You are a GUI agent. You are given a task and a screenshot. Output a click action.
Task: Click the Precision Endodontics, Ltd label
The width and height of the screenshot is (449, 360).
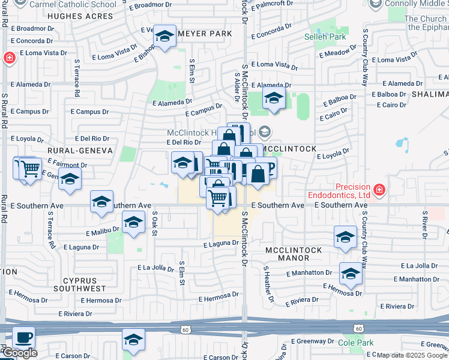(339, 191)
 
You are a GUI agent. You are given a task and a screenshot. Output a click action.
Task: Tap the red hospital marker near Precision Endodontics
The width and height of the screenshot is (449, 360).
(379, 191)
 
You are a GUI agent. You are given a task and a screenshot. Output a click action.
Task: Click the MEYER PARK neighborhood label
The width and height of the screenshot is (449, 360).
(204, 34)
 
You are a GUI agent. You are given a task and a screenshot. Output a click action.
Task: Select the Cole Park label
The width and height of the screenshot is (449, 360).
(355, 343)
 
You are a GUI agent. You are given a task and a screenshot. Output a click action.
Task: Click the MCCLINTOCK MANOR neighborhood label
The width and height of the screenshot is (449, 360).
(294, 254)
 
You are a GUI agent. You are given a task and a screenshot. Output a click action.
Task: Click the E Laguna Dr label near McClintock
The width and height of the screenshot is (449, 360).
(221, 244)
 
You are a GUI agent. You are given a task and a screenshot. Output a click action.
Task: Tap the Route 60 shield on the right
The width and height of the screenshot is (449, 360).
(358, 329)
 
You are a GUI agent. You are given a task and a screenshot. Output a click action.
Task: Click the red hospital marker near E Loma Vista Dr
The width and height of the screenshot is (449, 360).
(9, 58)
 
